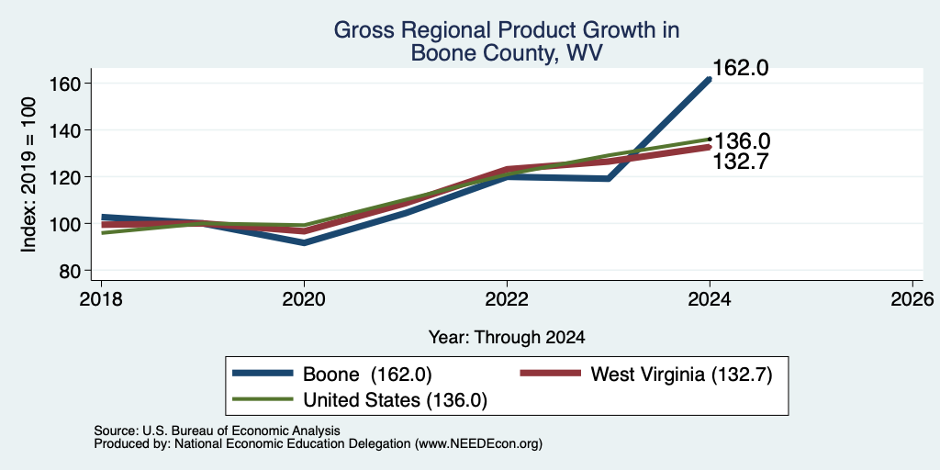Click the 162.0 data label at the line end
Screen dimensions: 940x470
click(x=741, y=68)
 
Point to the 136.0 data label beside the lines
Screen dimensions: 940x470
click(x=741, y=141)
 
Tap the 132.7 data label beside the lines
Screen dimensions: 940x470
click(x=741, y=162)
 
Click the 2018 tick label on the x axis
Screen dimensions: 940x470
click(x=101, y=298)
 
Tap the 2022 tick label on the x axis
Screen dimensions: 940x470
click(x=507, y=298)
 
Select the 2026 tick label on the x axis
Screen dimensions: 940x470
click(x=913, y=298)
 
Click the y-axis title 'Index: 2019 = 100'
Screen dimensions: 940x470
click(x=28, y=174)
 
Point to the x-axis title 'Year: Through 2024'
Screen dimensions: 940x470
click(x=507, y=338)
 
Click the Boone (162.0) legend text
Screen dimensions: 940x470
click(x=367, y=375)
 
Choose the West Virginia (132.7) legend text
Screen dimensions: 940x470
click(x=681, y=375)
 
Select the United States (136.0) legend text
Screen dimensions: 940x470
click(x=395, y=400)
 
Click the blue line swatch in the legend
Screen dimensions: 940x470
click(x=263, y=374)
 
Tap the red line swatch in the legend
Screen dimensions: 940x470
click(x=551, y=374)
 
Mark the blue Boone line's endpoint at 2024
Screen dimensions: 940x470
click(x=710, y=79)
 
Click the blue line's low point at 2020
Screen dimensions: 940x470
click(x=304, y=242)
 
